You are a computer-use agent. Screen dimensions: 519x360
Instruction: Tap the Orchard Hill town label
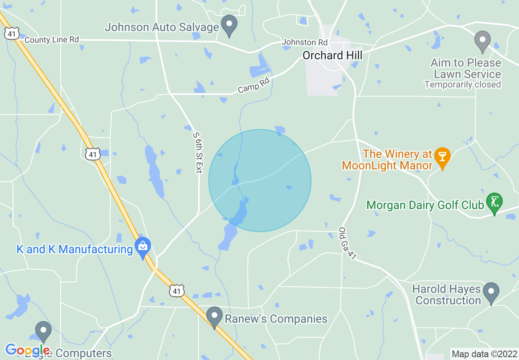click(x=332, y=55)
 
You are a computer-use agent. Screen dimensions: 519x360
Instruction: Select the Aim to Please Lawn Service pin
click(x=483, y=41)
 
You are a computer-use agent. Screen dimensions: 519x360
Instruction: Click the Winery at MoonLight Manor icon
click(x=442, y=158)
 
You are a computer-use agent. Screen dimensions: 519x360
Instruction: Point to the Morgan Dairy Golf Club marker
click(x=494, y=203)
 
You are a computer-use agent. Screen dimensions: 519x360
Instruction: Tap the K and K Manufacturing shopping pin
click(x=143, y=247)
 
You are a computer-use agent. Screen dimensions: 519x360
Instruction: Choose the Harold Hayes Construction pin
click(x=491, y=293)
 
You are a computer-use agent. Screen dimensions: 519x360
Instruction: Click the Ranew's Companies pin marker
click(x=214, y=317)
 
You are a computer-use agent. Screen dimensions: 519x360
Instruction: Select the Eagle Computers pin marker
click(x=43, y=332)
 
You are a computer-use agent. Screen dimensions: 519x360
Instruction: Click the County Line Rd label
click(x=52, y=40)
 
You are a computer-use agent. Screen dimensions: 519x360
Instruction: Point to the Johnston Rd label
click(x=305, y=42)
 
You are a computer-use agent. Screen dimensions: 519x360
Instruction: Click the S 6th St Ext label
click(x=198, y=153)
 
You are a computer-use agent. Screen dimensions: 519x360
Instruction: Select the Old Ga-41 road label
click(x=346, y=243)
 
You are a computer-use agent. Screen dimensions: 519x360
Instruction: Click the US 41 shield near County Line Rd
click(x=12, y=34)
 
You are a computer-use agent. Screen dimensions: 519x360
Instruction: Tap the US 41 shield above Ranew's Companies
click(x=176, y=291)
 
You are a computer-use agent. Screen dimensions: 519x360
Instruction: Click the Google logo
click(x=27, y=350)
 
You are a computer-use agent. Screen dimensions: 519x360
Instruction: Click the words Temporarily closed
click(x=463, y=85)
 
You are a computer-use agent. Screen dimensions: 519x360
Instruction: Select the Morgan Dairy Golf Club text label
click(x=425, y=205)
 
